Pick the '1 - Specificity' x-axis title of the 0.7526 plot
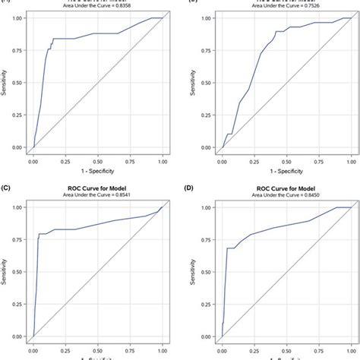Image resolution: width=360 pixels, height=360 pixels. pyautogui.click(x=285, y=172)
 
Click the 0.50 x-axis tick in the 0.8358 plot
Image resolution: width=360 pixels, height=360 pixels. pyautogui.click(x=96, y=161)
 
